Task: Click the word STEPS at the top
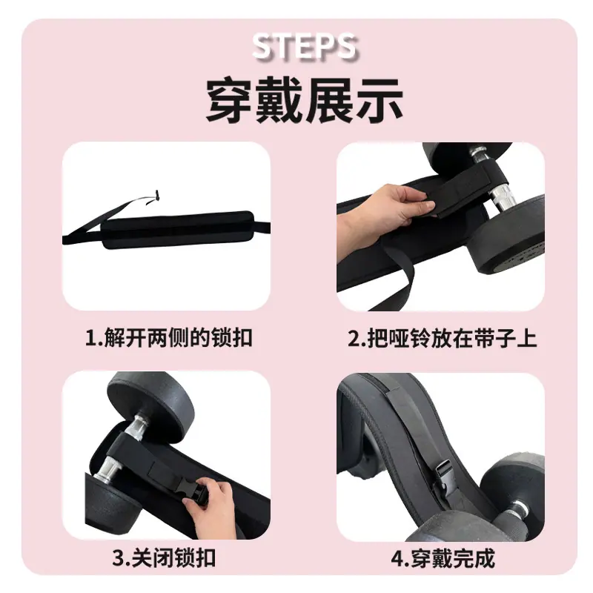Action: [305, 47]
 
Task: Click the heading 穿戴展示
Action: [305, 101]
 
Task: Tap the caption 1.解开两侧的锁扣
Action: [169, 338]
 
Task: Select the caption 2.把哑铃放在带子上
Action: [443, 338]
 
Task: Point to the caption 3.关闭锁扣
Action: [164, 558]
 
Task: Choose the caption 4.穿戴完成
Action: [443, 558]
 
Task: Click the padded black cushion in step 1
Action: [178, 229]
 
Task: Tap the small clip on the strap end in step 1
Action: [157, 196]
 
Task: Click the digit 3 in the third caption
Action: [118, 558]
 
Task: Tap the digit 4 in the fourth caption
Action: [397, 558]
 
